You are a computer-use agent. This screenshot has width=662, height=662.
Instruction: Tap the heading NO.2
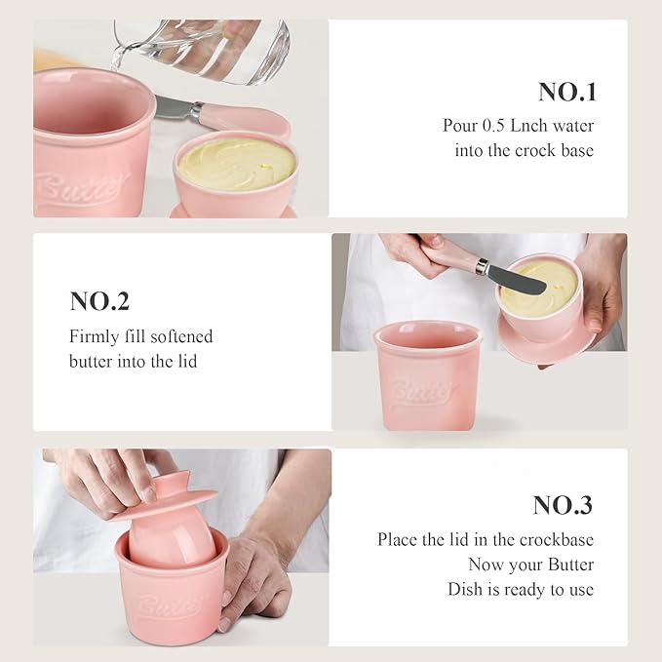point(99,301)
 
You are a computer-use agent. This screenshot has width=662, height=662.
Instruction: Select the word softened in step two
point(179,336)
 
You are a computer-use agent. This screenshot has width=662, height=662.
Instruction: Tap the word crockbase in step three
point(557,539)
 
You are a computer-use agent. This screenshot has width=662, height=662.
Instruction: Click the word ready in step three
point(533,589)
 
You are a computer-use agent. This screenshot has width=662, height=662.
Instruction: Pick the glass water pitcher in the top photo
point(210,49)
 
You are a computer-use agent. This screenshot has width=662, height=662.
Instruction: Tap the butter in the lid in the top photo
point(236,163)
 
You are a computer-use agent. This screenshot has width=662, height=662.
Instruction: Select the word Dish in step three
point(467,589)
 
